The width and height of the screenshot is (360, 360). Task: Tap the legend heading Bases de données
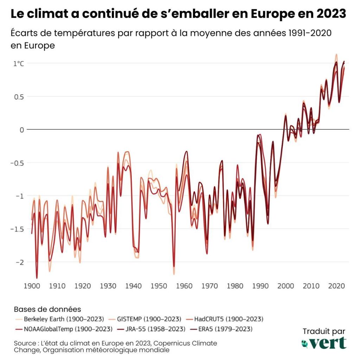47,310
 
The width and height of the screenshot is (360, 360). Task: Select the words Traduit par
324,331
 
